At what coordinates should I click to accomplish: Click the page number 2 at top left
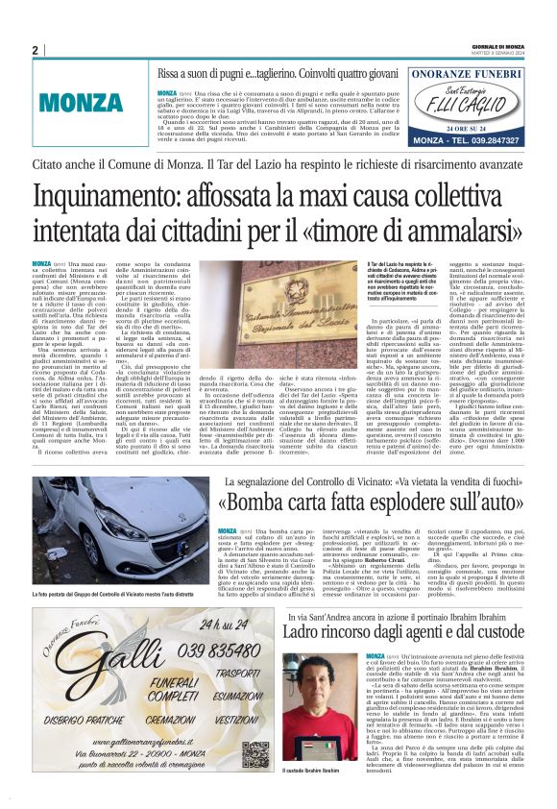[x=35, y=50]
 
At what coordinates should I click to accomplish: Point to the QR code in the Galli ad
[x=250, y=754]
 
